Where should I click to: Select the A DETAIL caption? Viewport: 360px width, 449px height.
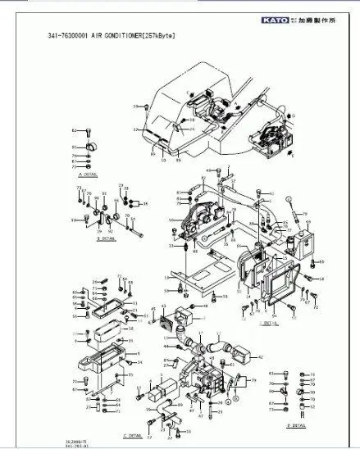click(x=86, y=175)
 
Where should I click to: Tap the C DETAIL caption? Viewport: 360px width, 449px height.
click(x=133, y=434)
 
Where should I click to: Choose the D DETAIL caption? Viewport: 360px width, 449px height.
click(x=296, y=425)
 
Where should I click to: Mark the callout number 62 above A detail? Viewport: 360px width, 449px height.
click(x=73, y=130)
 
